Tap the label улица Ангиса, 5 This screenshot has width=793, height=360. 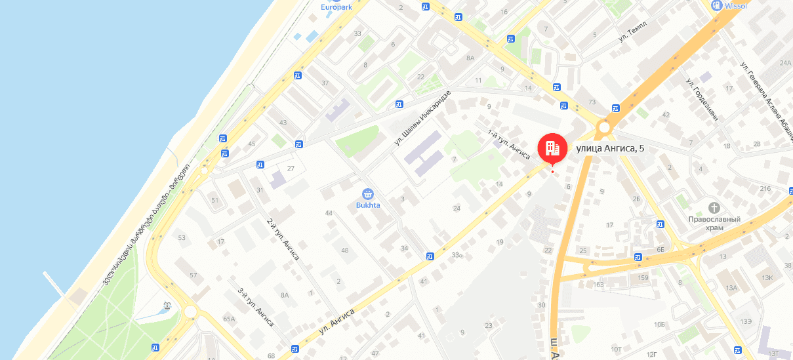pos(610,148)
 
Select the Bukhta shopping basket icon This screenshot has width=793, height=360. pos(368,194)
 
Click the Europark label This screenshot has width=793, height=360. pos(337,7)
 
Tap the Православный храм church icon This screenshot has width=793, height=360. pos(714,207)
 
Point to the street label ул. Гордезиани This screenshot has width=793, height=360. pos(702,100)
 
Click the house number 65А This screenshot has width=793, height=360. pos(229,319)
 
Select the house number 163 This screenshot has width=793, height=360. pos(598,284)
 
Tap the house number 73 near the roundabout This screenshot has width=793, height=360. pos(592,102)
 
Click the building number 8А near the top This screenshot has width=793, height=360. pos(470,58)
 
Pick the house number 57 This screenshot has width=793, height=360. pos(193,275)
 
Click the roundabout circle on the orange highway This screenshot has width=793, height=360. pos(604,127)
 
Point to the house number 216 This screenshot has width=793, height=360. pos(765,189)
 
